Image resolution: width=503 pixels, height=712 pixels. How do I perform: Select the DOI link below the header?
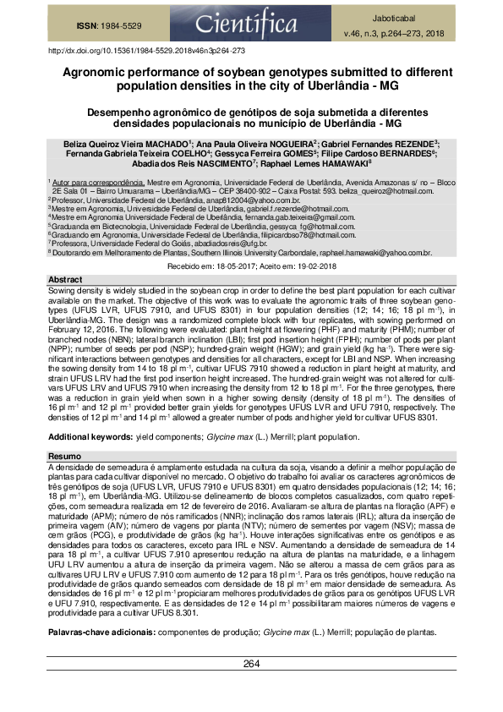pyautogui.click(x=146, y=52)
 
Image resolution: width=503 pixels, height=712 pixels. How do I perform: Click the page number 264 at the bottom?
pyautogui.click(x=251, y=687)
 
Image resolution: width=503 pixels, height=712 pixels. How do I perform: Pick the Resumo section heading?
pyautogui.click(x=64, y=456)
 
